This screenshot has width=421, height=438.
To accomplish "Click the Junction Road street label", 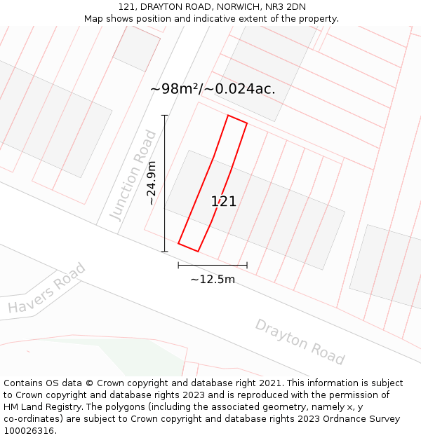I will click(x=133, y=175).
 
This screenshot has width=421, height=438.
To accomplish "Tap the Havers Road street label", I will click(x=46, y=288).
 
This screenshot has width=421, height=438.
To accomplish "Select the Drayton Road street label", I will click(x=300, y=342).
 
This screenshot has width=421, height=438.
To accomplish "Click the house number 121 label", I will click(x=224, y=202).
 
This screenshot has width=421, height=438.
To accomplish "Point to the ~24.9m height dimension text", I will click(x=151, y=183).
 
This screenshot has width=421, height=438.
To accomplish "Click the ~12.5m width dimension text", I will click(x=213, y=280).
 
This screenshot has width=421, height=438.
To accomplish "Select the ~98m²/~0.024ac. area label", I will click(x=213, y=89).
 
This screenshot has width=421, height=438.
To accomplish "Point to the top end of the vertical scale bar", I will click(x=165, y=116).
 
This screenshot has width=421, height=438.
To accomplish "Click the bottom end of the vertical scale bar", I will click(x=165, y=252).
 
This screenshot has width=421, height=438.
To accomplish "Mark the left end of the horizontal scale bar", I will click(x=178, y=265).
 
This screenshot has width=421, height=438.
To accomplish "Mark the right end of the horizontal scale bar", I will click(x=247, y=265).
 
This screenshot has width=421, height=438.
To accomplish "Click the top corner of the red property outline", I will click(x=229, y=116).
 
